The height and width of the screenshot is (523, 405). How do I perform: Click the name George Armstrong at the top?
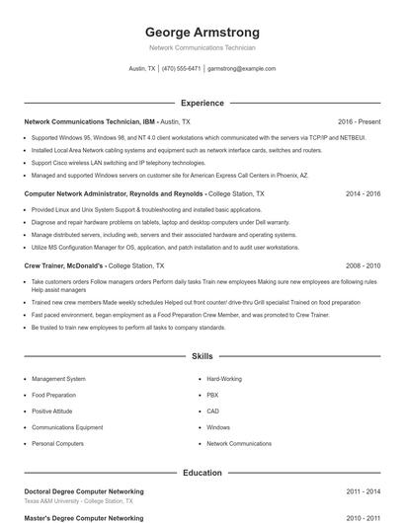click(202, 33)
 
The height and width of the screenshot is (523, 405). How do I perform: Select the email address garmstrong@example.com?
click(242, 69)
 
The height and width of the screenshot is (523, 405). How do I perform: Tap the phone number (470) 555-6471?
click(182, 69)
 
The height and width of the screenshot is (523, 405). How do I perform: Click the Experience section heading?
click(202, 103)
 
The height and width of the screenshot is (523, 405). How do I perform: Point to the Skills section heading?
click(202, 355)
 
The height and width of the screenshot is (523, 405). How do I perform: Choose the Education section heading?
click(202, 473)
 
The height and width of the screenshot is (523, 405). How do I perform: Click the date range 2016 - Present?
click(359, 121)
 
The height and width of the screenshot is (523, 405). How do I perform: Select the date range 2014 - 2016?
click(363, 194)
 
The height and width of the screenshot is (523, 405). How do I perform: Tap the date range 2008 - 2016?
click(363, 266)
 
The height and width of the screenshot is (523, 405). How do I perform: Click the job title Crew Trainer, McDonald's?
click(64, 266)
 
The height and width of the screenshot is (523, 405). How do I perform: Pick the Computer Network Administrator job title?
click(100, 194)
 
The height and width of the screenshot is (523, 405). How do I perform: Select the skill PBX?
click(212, 395)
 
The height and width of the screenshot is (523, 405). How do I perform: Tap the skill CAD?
click(212, 411)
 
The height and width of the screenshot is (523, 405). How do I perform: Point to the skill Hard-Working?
click(223, 379)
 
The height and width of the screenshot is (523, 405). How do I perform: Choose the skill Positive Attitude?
click(52, 411)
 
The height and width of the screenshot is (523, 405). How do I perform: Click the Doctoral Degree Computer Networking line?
click(83, 491)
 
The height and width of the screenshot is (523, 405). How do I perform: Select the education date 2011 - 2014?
click(363, 491)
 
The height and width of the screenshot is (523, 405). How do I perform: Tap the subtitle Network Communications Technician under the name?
click(202, 47)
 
